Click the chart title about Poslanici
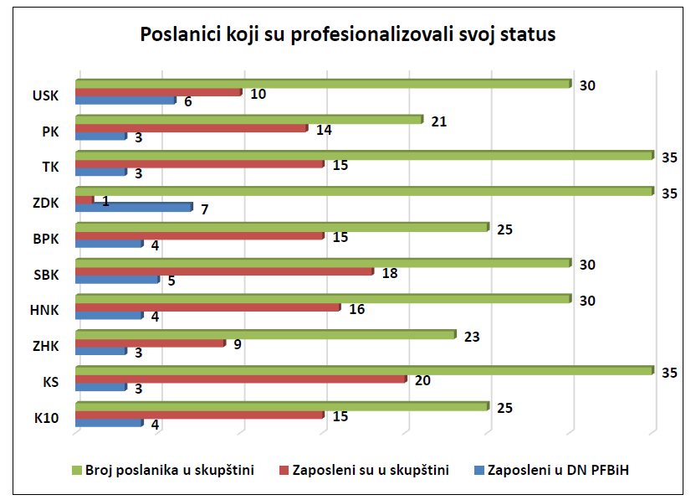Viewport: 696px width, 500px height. [x=347, y=35]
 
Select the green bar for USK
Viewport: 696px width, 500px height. [x=322, y=84]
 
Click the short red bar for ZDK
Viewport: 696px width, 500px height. [x=84, y=200]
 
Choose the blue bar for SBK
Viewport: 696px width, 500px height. [x=116, y=279]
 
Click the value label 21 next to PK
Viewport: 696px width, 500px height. [x=438, y=122]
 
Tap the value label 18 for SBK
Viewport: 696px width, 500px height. [x=389, y=273]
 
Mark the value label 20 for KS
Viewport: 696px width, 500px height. [x=422, y=381]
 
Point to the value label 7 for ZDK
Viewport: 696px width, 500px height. [x=204, y=209]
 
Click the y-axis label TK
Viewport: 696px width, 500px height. [x=50, y=167]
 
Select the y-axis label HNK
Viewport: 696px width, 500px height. [x=44, y=310]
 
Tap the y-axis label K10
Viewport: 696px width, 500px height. [x=47, y=417]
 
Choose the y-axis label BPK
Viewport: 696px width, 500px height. [x=45, y=238]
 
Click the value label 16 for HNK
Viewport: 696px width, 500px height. [x=356, y=310]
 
